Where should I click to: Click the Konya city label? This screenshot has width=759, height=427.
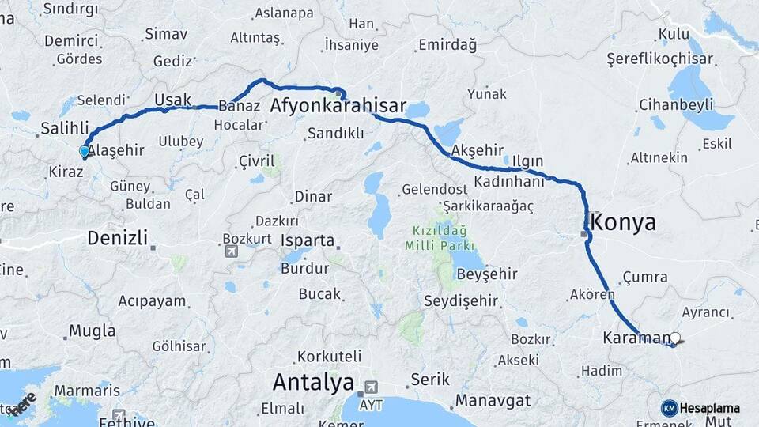coord(623,221)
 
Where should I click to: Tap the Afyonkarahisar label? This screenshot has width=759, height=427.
coord(338,106)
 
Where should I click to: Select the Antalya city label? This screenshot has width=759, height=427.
coord(313,383)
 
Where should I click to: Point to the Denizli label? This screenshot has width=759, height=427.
coord(117,237)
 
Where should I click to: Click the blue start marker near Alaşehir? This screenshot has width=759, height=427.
coord(84,151)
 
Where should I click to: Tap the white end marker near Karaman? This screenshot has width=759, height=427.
coord(674,338)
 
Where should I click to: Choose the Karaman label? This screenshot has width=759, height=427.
coord(636,338)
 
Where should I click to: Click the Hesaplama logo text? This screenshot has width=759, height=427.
coord(709,408)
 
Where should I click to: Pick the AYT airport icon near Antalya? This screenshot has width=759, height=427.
coord(369,387)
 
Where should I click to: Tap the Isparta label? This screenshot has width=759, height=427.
coord(304,241)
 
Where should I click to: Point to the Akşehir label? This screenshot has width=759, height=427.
coord(477,150)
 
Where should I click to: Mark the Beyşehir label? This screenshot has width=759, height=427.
coord(487,274)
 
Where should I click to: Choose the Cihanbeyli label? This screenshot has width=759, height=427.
coord(676,104)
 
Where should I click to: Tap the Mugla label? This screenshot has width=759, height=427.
coord(92,331)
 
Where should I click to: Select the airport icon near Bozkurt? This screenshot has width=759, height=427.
coord(231,251)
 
